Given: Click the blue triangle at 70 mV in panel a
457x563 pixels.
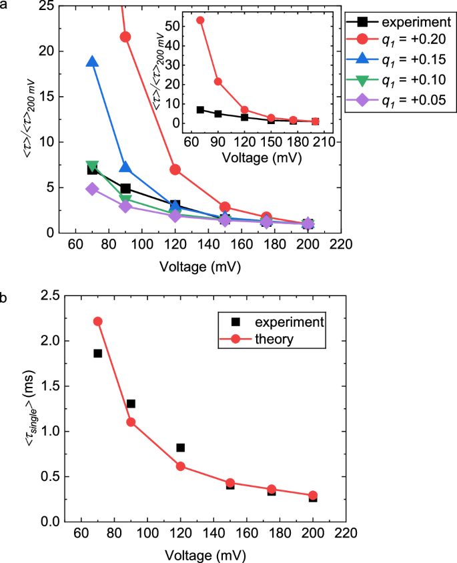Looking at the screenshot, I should [92, 62].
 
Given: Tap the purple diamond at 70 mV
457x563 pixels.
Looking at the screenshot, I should [92, 189].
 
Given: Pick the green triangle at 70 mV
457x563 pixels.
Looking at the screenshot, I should [92, 166].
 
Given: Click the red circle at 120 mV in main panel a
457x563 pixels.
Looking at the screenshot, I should [175, 169].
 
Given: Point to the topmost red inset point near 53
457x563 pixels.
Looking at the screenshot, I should [200, 20].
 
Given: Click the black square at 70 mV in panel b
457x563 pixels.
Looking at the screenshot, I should [97, 353].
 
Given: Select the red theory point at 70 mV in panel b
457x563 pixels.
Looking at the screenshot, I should [97, 321].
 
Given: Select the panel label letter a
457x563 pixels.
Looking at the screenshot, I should [5, 5].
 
